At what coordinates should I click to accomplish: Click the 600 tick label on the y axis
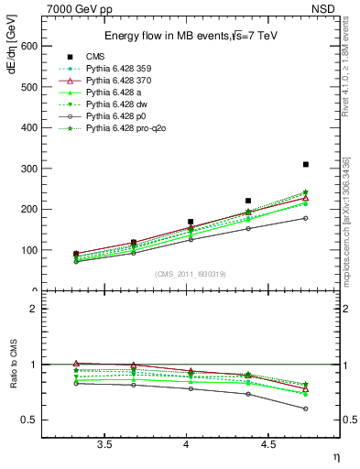[28, 46]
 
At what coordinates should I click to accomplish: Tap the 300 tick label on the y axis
[28, 169]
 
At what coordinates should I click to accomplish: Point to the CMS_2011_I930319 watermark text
[186, 274]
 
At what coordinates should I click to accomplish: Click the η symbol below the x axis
[336, 456]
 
